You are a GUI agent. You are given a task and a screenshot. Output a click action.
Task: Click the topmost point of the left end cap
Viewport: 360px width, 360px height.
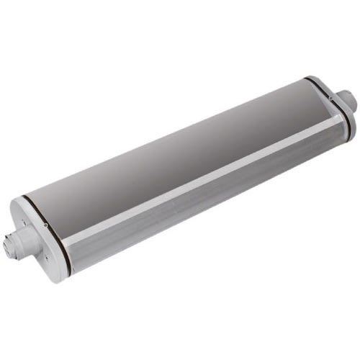coord(17,197)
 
